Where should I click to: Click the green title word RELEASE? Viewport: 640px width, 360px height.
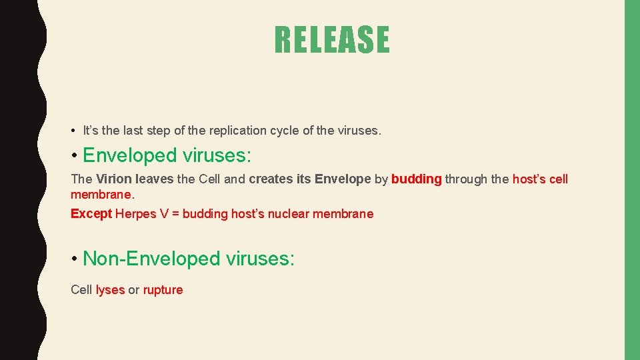coord(331,40)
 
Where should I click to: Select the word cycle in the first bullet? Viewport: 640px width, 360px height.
coord(285,131)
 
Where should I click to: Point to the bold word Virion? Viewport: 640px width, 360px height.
coord(114,179)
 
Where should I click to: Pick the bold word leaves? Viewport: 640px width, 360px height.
coord(154,179)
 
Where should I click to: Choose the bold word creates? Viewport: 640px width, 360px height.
coord(271,179)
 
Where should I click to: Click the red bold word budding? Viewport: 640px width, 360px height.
coord(417,179)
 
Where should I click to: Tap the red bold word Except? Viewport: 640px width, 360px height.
coord(91,214)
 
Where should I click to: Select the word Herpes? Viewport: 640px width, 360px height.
coord(135,214)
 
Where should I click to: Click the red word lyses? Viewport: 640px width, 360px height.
coord(110,290)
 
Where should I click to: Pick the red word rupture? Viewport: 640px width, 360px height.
coord(163,290)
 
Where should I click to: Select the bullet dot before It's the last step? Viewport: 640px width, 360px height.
coord(73,131)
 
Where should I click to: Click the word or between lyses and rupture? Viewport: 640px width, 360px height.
coord(134,290)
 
